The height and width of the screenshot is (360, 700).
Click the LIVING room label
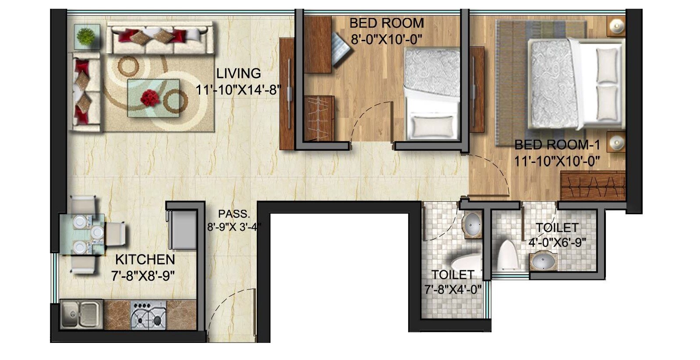pos(238,73)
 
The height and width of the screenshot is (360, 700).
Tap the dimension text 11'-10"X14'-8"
pos(238,90)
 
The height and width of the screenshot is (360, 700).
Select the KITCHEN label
pos(145,259)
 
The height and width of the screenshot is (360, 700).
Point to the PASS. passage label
pos(234,214)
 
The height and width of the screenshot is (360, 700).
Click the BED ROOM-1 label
pos(557,145)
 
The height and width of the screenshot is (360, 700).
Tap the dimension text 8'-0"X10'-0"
pos(386,40)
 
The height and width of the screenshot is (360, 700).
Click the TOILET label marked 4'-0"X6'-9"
pos(557,228)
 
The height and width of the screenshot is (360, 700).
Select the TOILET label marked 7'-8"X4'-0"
pos(453,275)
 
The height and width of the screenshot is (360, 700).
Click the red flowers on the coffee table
pos(150,98)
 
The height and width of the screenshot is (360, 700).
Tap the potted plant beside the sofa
pos(86,36)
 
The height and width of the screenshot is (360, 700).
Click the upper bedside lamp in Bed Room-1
pos(616,26)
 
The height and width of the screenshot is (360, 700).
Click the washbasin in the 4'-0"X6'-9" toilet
pos(544,262)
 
